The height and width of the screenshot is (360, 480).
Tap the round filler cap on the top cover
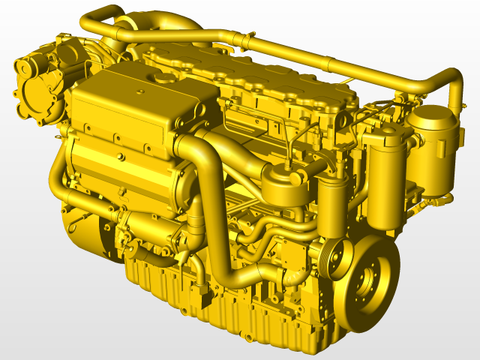pyautogui.click(x=161, y=77)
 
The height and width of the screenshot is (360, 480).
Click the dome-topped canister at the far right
pyautogui.click(x=430, y=150)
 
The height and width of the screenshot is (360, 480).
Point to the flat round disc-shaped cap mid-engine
pyautogui.click(x=278, y=174)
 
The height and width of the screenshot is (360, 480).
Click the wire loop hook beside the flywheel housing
pyautogui.click(x=76, y=225)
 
